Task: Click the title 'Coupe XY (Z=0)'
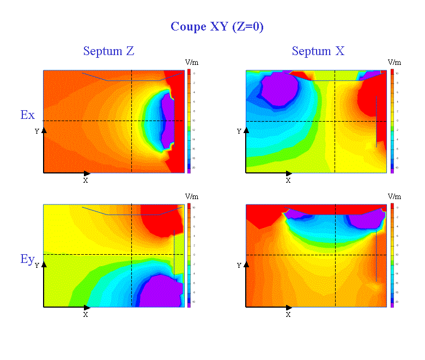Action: click(x=217, y=27)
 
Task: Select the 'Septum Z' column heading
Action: click(x=108, y=51)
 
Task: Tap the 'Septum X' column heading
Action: click(x=318, y=51)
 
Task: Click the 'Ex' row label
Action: click(x=27, y=115)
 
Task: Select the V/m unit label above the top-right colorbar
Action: click(x=394, y=63)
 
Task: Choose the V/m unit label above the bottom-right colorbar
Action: click(x=394, y=196)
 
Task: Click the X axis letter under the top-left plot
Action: click(x=86, y=180)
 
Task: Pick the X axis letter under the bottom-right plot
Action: click(x=288, y=315)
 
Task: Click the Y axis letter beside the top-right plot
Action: click(x=239, y=131)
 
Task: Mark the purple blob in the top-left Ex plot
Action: click(x=167, y=121)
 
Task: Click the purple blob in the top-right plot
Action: click(x=280, y=89)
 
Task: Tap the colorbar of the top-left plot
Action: click(x=189, y=121)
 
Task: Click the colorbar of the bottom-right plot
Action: click(x=392, y=255)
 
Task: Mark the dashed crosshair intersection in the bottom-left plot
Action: click(x=132, y=254)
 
